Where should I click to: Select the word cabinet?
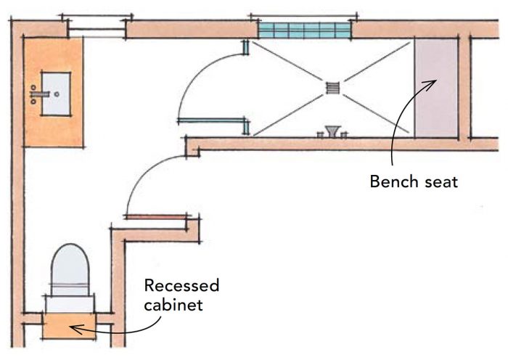click(x=173, y=304)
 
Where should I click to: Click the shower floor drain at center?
click(x=333, y=88)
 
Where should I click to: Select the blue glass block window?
click(x=304, y=30)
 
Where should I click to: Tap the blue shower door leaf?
click(x=210, y=120)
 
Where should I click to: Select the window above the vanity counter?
click(x=97, y=29)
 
